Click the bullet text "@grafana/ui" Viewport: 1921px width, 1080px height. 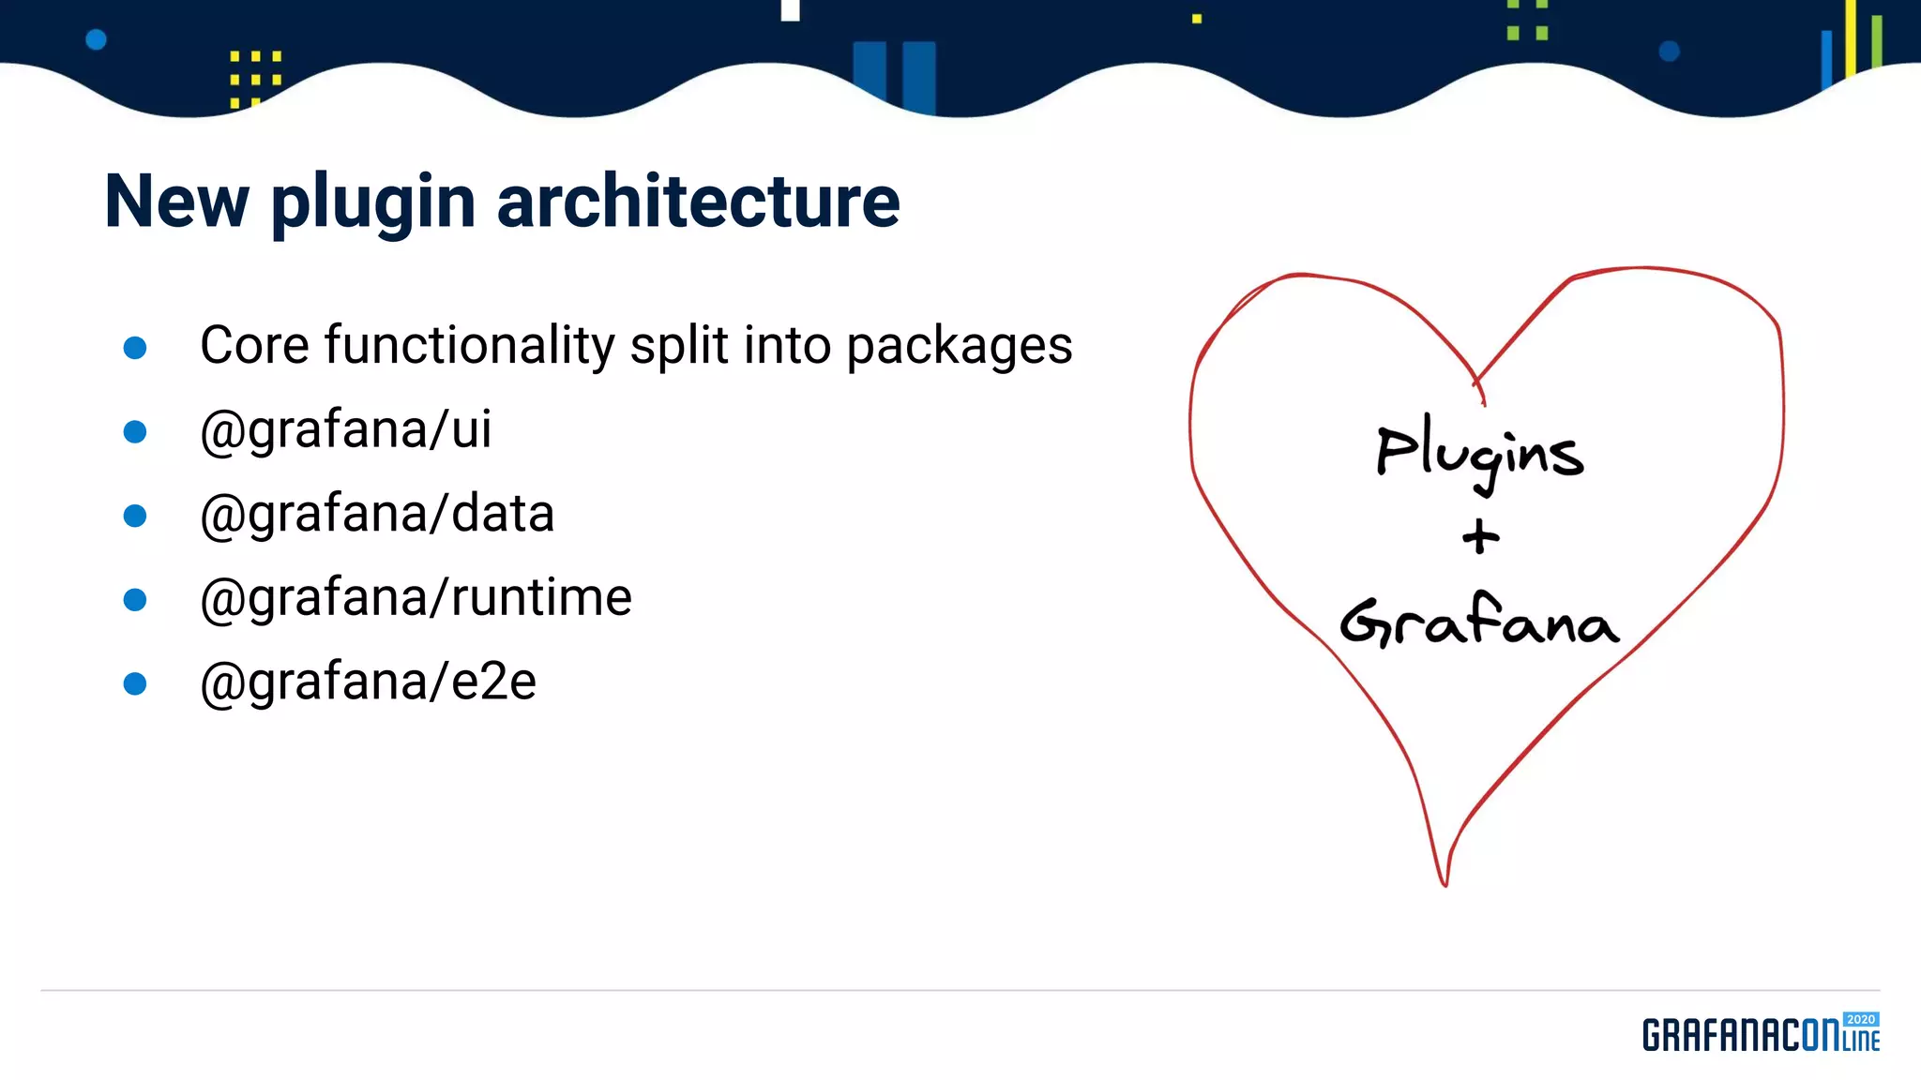pos(345,429)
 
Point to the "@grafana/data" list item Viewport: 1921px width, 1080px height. pos(377,514)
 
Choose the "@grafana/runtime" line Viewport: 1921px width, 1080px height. pos(416,597)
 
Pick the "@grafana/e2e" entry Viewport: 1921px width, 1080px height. pos(368,682)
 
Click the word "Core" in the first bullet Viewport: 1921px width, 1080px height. pos(254,345)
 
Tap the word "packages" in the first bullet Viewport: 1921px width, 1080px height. pos(959,347)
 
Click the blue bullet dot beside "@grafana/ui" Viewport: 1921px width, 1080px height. pos(135,431)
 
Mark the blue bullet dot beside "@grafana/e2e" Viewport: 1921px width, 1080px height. pos(135,683)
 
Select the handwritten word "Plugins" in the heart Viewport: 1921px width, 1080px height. pos(1479,453)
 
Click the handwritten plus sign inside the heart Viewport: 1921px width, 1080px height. pos(1480,537)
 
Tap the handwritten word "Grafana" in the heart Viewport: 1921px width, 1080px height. pos(1479,622)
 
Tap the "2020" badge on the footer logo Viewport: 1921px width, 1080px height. pos(1860,1019)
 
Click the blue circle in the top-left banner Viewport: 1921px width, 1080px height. pos(96,39)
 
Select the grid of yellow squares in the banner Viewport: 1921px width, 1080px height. pos(255,78)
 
